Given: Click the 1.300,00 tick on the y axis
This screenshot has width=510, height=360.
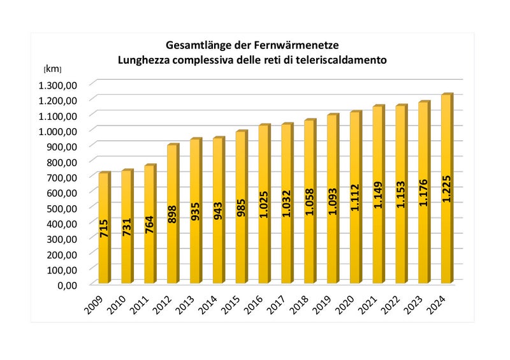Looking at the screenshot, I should [x=58, y=85].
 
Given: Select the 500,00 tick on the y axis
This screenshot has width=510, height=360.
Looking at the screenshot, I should [x=63, y=207].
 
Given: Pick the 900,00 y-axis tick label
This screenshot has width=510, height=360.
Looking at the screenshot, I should [x=63, y=146].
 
